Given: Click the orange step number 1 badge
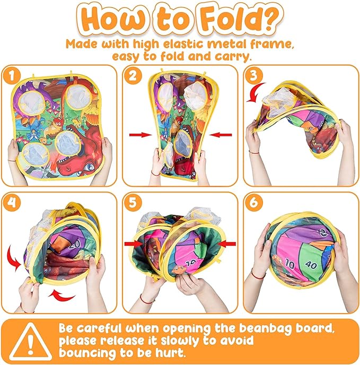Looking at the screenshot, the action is tap(12, 75).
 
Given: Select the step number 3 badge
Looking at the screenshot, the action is tap(253, 75).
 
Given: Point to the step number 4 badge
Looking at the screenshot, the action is tap(12, 202).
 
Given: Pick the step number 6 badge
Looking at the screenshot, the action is tap(253, 202).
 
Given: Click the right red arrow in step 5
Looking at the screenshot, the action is tap(227, 244).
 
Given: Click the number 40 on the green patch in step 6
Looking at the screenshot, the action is tap(311, 264).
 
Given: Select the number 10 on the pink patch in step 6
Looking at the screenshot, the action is tap(290, 264).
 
